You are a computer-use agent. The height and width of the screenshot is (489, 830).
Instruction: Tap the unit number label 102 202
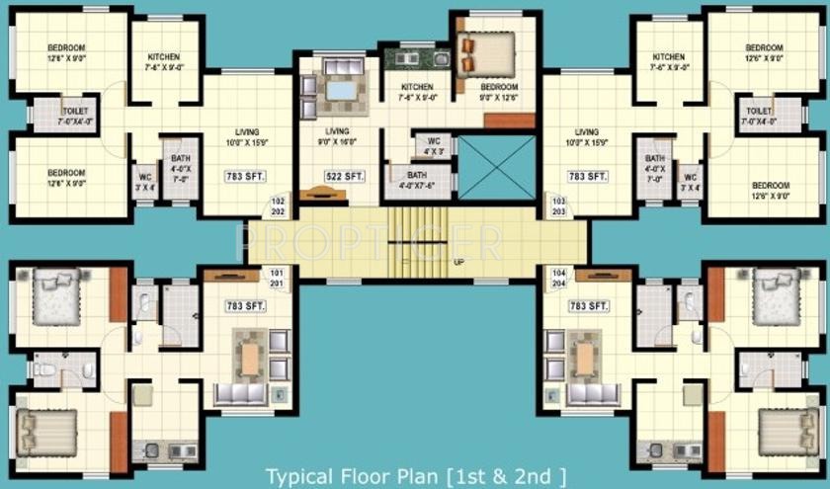[279, 205]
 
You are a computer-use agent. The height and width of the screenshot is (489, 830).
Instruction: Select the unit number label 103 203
[558, 205]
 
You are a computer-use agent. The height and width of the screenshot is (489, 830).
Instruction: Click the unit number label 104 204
[558, 279]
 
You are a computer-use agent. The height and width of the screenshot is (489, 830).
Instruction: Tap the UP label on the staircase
[458, 263]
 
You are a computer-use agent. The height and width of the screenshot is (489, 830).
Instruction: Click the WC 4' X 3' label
[433, 146]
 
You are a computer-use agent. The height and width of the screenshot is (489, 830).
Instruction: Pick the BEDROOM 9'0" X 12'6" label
[499, 93]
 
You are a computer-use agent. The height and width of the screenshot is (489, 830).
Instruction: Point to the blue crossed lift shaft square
[496, 167]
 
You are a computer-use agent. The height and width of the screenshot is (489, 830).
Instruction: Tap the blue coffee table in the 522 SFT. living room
[342, 91]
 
